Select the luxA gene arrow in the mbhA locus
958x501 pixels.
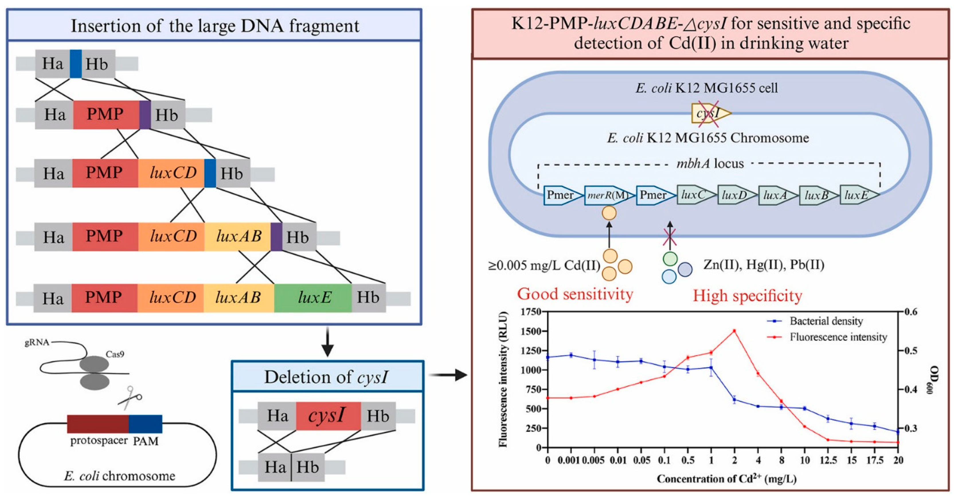(777, 195)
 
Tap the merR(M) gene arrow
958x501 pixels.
(607, 195)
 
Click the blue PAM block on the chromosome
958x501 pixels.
(145, 424)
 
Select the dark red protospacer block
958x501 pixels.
(98, 424)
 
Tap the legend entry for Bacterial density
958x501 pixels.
(826, 321)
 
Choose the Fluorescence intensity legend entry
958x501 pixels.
(838, 337)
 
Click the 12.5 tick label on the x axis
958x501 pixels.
(828, 461)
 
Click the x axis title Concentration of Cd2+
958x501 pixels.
(726, 479)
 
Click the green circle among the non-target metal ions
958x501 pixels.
(670, 259)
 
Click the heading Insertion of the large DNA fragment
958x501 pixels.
(215, 26)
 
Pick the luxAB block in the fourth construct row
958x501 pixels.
(238, 236)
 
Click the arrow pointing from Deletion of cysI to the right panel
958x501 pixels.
(448, 375)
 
